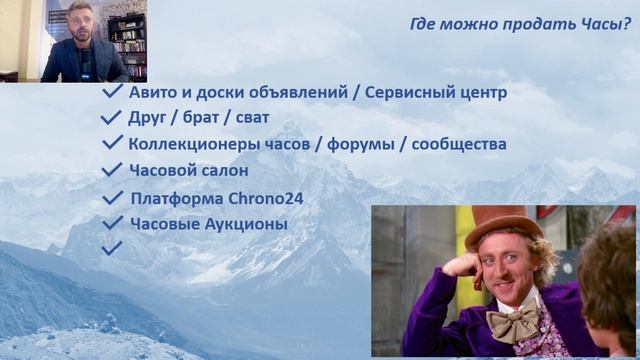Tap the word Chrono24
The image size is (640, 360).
264,198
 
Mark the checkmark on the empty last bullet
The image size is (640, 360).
112,246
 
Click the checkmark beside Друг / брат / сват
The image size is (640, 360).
112,118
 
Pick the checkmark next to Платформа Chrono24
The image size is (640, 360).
112,198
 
